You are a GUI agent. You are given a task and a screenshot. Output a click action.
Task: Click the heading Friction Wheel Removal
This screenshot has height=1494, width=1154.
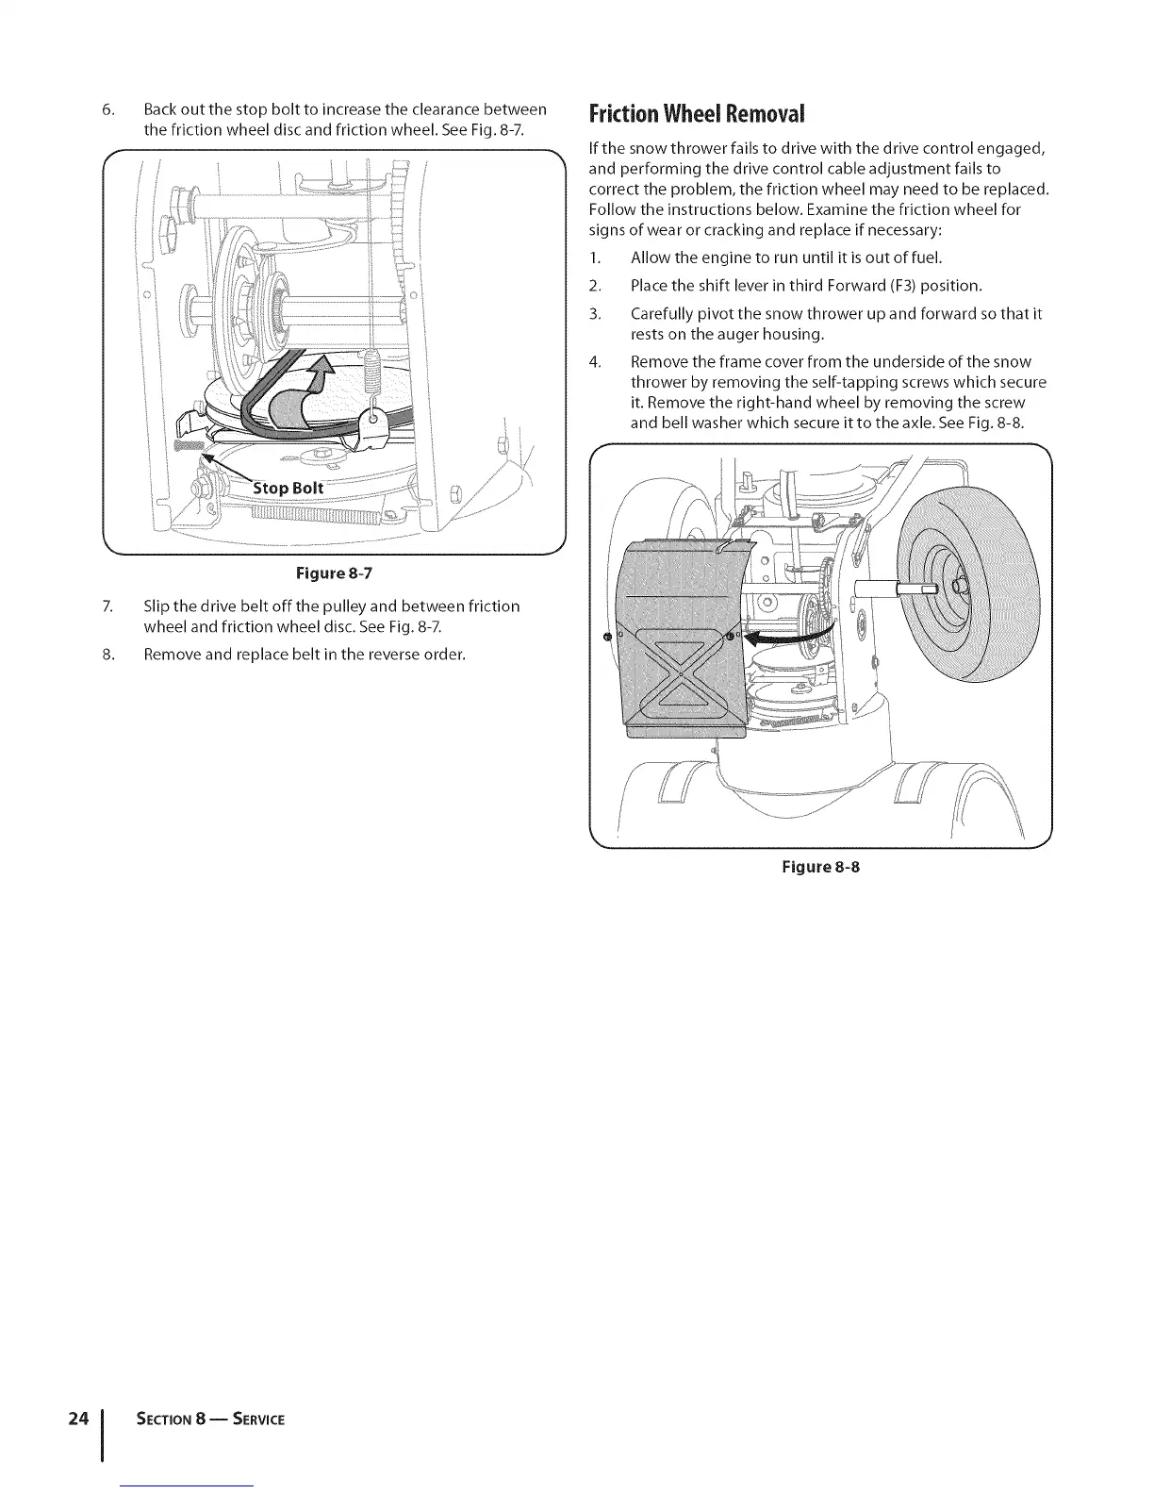[697, 115]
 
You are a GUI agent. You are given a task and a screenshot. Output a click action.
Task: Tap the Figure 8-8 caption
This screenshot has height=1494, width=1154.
[820, 866]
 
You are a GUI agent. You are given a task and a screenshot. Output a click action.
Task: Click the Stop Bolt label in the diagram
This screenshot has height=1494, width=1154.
[288, 488]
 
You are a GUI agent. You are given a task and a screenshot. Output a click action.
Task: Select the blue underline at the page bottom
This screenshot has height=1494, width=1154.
[189, 1486]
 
